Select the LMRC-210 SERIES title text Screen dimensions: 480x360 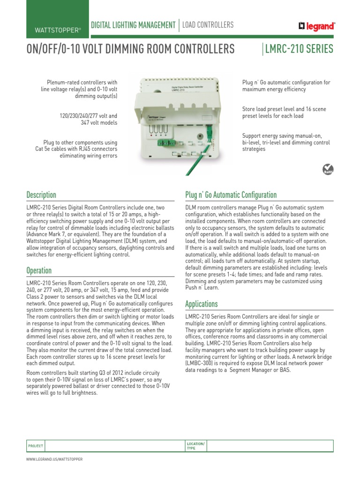pos(300,49)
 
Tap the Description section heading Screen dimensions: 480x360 pos(41,195)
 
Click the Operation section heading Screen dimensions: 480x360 pos(39,270)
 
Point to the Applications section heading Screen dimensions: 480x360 pos(202,304)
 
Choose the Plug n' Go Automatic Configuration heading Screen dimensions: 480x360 pos(231,195)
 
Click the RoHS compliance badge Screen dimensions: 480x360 pos(330,169)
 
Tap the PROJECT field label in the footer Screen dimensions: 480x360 pos(36,446)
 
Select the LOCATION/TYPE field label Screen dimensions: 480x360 pos(195,445)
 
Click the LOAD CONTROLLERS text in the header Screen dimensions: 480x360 pos(208,25)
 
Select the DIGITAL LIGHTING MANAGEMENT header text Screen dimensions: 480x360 pos(133,25)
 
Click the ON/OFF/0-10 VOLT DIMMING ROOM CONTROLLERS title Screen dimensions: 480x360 pos(130,49)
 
